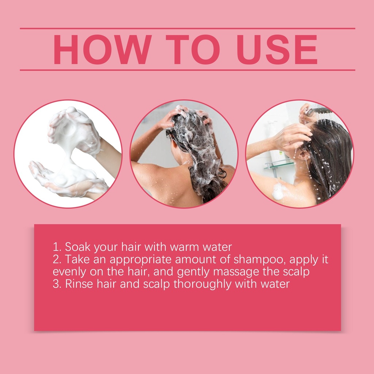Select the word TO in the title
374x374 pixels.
point(193,49)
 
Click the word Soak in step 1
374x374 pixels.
point(78,247)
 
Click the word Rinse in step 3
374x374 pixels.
point(79,284)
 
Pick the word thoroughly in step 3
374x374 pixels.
point(202,285)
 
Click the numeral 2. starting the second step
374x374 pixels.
point(57,260)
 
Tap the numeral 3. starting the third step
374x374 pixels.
point(57,284)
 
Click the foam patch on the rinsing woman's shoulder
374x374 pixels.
point(278,191)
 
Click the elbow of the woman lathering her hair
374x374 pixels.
point(136,150)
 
